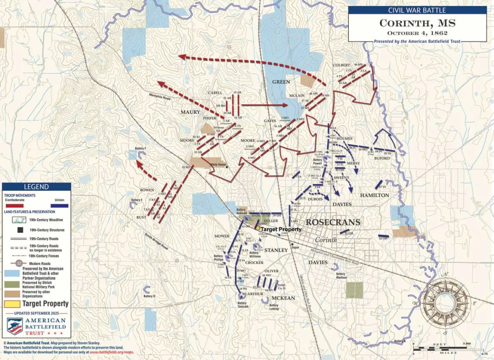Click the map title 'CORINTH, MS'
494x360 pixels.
[x=411, y=23]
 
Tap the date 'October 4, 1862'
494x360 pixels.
[x=411, y=33]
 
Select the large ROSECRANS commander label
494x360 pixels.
[x=333, y=222]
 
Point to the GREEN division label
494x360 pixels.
[x=281, y=82]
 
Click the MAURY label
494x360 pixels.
[x=190, y=112]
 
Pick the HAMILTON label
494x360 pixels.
[x=374, y=195]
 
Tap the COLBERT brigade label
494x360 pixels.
[x=341, y=65]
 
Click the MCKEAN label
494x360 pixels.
[x=283, y=298]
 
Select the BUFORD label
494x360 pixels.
[x=382, y=158]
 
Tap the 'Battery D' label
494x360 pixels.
[x=149, y=296]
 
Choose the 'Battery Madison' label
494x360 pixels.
[x=341, y=275]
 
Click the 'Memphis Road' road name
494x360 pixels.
[x=159, y=97]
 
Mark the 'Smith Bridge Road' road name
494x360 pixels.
[x=156, y=241]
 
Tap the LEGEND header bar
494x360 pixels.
[x=36, y=187]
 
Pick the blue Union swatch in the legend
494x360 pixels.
[x=56, y=206]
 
